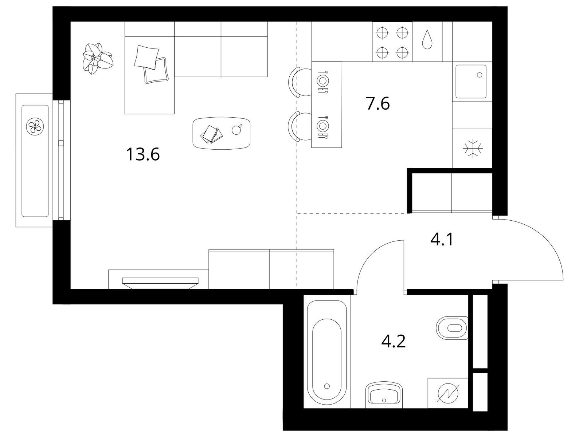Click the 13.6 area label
143,154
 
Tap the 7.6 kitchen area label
377,103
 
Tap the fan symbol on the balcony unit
35,126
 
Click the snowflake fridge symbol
473,148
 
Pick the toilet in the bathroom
452,328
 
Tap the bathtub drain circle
327,386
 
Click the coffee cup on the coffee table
236,130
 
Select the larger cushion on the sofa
146,57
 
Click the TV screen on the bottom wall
160,283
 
